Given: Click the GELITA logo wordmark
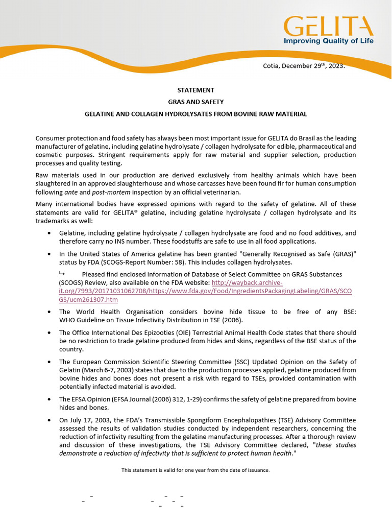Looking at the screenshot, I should [x=329, y=27].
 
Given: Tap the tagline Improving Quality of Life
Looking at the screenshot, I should [x=329, y=41].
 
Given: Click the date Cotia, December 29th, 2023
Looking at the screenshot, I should [x=304, y=66].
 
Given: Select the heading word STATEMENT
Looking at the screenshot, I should [x=195, y=90].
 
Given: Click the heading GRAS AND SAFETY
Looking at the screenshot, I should [x=195, y=102].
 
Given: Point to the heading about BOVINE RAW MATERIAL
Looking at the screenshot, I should [x=195, y=114].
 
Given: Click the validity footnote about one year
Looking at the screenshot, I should [x=195, y=470].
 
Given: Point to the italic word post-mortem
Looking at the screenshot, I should [x=108, y=192].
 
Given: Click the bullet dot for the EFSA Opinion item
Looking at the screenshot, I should [x=48, y=399].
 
